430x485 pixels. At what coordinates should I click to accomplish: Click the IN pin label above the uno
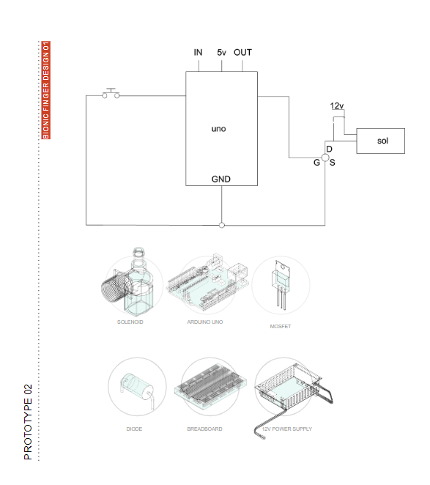click(198, 52)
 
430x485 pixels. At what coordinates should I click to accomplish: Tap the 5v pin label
click(221, 52)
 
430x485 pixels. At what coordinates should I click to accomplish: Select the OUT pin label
click(242, 52)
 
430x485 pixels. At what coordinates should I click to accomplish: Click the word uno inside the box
click(219, 129)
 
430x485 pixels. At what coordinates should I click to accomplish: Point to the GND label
click(221, 179)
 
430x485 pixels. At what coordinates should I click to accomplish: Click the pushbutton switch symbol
click(111, 94)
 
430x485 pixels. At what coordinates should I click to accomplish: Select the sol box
click(380, 141)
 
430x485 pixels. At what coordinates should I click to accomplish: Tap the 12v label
click(337, 105)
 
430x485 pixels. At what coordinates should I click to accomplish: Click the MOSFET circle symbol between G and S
click(325, 158)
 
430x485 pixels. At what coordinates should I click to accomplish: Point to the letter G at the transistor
click(316, 163)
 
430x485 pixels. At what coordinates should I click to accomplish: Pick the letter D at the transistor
click(330, 149)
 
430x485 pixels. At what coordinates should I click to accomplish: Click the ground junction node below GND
click(222, 225)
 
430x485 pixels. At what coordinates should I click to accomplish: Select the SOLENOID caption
click(130, 322)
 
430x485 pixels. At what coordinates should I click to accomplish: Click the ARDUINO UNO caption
click(205, 322)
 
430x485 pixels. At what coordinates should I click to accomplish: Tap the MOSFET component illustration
click(281, 284)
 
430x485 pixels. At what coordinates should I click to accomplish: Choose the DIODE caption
click(134, 429)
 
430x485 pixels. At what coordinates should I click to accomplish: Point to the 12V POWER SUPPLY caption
click(287, 429)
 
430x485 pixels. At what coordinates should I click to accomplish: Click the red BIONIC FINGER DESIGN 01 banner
click(46, 90)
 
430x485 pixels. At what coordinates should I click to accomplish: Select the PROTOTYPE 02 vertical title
click(28, 422)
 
